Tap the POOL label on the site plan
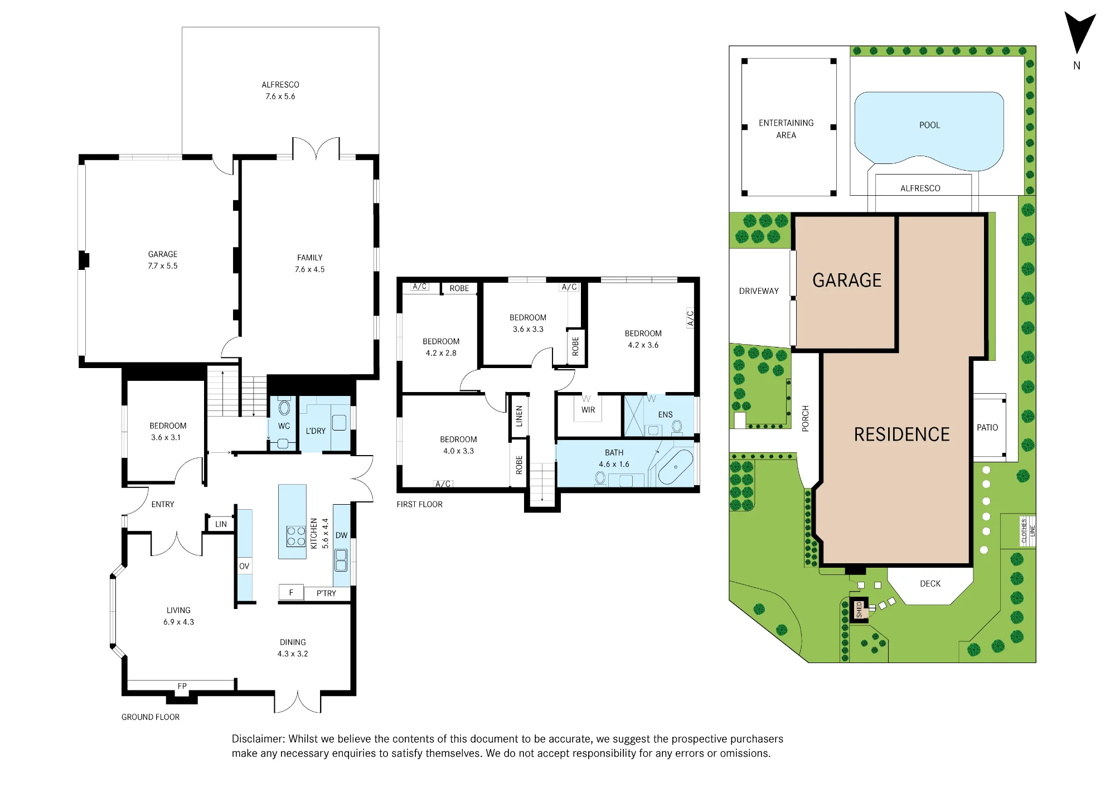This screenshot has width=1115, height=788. pos(929,125)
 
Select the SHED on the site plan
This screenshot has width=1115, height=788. pos(859,609)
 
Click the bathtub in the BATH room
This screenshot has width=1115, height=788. pos(675,467)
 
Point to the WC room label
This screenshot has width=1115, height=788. pos(284,426)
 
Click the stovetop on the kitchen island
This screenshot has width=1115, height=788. pos(296,536)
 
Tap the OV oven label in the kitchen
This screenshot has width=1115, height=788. pos(244,566)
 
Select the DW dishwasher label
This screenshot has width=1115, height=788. pos(341,535)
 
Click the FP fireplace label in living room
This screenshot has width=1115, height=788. pos(182,686)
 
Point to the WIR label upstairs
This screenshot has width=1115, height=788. pos(588,410)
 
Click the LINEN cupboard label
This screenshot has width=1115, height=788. pos(519,416)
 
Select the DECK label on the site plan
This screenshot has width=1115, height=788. pos(930,584)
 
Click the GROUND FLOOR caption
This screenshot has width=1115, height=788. pos(151,717)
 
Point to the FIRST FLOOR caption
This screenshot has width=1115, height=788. pos(420,504)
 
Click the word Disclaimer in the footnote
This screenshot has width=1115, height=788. pos(258,739)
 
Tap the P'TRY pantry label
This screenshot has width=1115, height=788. pos(326,593)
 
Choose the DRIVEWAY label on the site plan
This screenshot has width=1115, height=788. pos(759,291)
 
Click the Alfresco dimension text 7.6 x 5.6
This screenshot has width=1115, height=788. pos(280,96)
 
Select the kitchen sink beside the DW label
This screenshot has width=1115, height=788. pos(341,560)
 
